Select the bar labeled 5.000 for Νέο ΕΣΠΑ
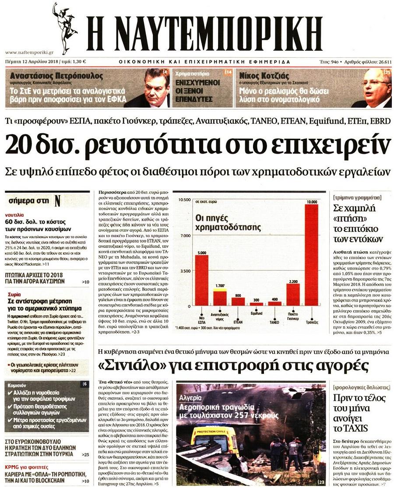coord(202,280)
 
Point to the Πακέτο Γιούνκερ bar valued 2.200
coord(293,295)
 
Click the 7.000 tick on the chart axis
coord(185,236)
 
